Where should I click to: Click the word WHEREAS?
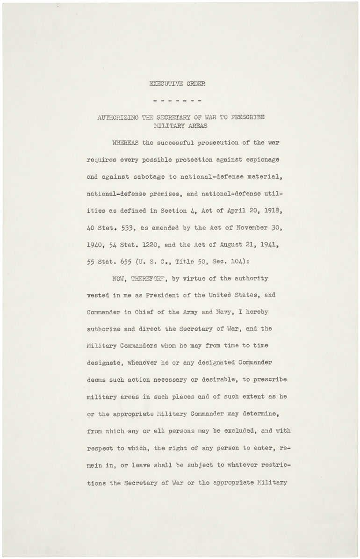coord(122,143)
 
